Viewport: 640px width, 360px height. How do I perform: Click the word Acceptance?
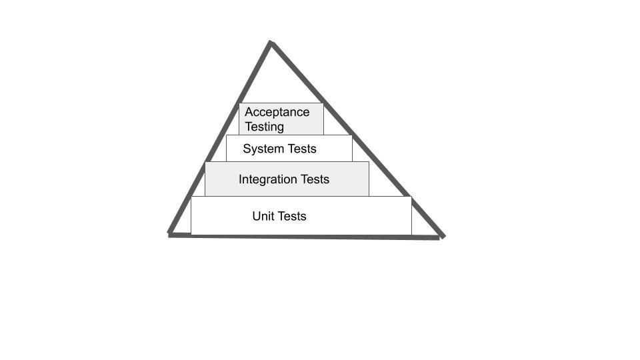[x=277, y=112]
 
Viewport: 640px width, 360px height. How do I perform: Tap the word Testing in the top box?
[x=264, y=127]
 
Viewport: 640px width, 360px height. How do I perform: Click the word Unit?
[x=262, y=216]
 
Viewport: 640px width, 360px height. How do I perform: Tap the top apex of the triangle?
[x=271, y=43]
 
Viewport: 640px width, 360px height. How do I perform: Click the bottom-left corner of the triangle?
[x=170, y=234]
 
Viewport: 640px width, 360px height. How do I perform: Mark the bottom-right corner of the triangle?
[x=442, y=237]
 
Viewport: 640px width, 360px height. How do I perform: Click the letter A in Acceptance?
[x=249, y=112]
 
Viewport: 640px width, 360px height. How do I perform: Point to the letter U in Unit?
[x=256, y=216]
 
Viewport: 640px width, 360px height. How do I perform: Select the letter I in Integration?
[x=240, y=179]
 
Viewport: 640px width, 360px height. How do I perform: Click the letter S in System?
[x=247, y=149]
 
